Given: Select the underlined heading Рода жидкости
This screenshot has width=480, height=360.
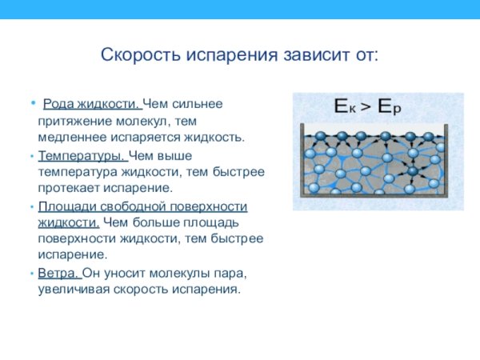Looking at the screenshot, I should [x=91, y=104].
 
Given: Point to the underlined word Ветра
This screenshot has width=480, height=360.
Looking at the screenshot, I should [x=58, y=273].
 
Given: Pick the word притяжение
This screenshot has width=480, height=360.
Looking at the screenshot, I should [x=72, y=121].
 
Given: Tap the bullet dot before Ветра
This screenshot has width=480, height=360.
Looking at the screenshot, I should [x=31, y=273].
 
